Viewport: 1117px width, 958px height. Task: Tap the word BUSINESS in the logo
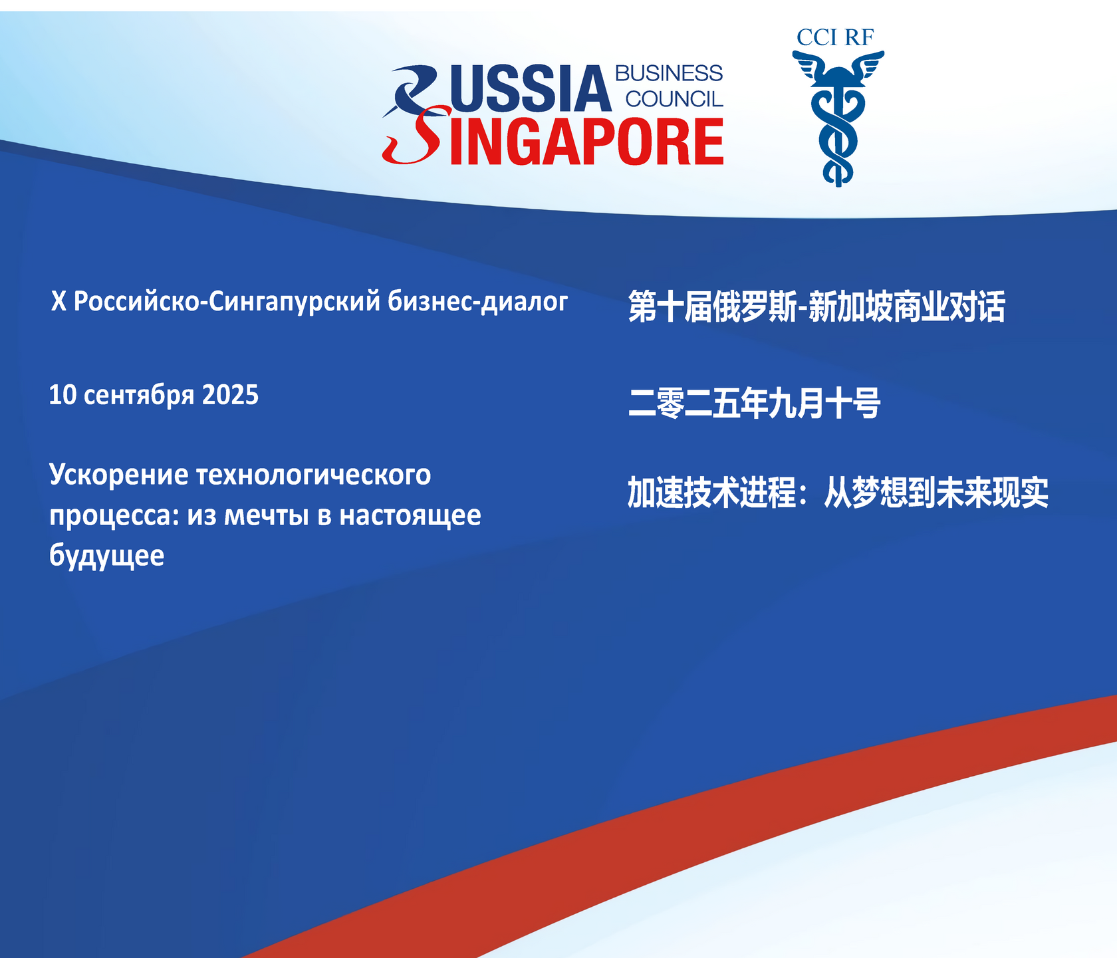click(669, 73)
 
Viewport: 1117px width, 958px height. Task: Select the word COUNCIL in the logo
click(674, 99)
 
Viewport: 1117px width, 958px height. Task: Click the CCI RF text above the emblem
click(835, 38)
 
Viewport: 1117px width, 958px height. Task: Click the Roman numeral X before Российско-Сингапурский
click(59, 301)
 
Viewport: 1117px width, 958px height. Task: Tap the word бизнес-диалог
click(478, 301)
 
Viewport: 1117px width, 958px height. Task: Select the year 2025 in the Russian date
click(230, 395)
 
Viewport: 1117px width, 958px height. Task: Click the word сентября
click(140, 396)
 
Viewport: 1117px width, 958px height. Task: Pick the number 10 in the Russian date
click(63, 395)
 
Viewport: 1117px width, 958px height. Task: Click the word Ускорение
click(119, 476)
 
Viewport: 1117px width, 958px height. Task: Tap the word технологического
click(314, 475)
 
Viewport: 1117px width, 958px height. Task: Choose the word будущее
click(106, 556)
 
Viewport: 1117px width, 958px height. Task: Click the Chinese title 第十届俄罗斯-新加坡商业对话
click(816, 306)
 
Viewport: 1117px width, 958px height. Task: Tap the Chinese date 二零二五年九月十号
click(755, 404)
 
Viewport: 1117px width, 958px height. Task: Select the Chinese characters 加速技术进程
click(712, 493)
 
